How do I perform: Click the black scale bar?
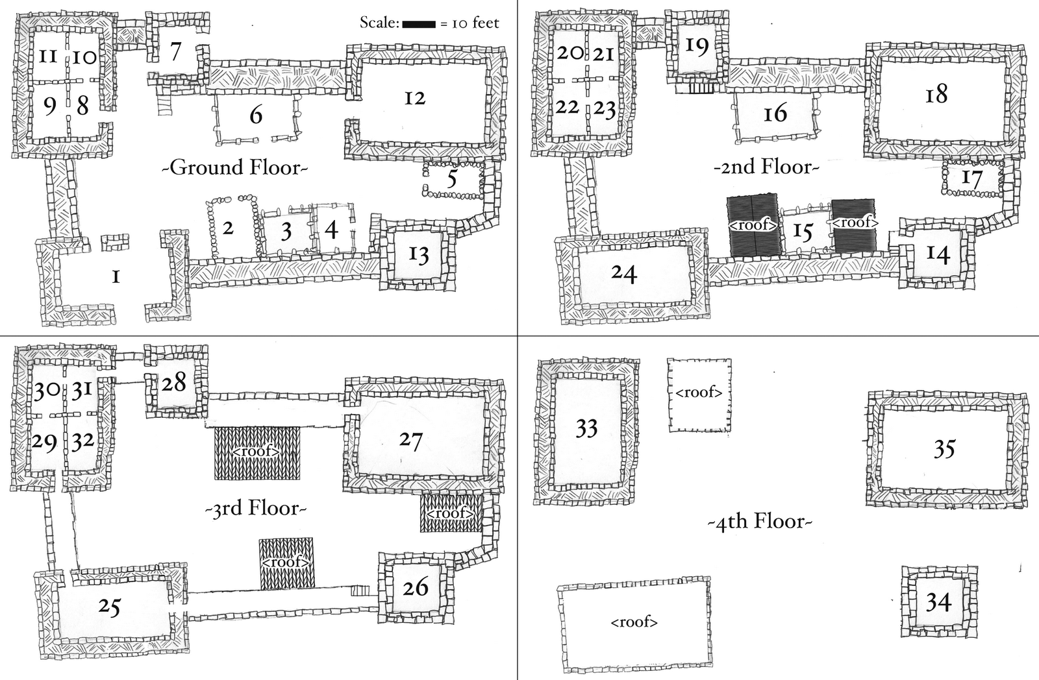pos(418,25)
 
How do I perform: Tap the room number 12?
pos(414,98)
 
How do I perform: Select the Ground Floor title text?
pos(234,167)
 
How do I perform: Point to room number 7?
pos(175,51)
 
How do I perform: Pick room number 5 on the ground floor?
pos(452,179)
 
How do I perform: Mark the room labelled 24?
pos(623,274)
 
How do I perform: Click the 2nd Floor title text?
pos(766,167)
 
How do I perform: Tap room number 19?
pos(697,47)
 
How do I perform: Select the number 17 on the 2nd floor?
pos(971,178)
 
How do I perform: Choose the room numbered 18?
pos(936,95)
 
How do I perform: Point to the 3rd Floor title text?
pos(255,508)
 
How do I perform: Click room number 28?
pos(173,382)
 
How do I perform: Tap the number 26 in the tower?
pos(415,588)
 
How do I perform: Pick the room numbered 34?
pos(938,603)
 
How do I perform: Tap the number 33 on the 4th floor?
pos(586,428)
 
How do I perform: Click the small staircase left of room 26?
pos(359,590)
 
